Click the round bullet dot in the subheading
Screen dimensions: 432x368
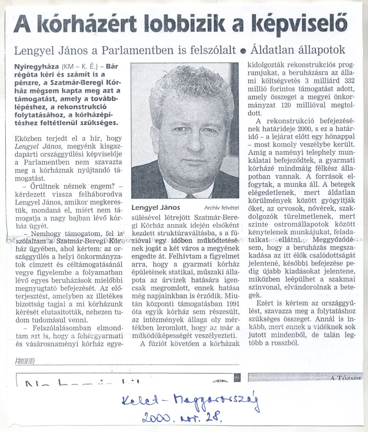243,51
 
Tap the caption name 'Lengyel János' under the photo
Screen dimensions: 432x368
155,208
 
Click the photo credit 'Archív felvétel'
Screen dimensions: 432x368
221,208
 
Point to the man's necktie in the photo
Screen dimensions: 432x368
190,196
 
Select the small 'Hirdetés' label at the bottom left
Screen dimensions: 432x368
25,361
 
